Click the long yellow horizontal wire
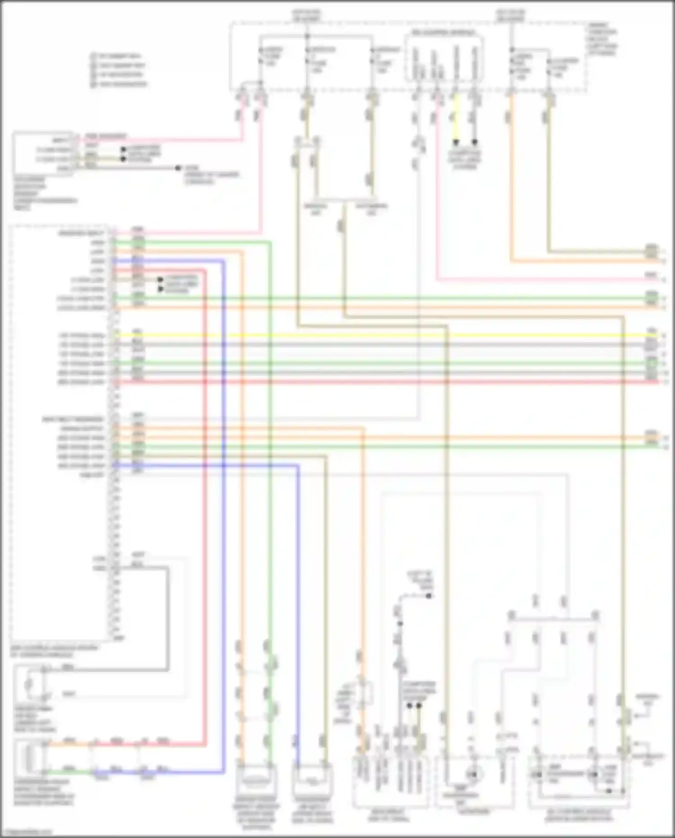382,335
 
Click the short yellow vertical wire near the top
455,122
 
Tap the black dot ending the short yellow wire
455,142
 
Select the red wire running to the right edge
382,382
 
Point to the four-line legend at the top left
119,70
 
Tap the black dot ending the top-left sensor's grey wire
178,168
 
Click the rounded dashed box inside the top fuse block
444,57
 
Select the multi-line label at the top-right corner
603,39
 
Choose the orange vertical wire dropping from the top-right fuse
511,180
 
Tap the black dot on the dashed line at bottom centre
428,596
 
